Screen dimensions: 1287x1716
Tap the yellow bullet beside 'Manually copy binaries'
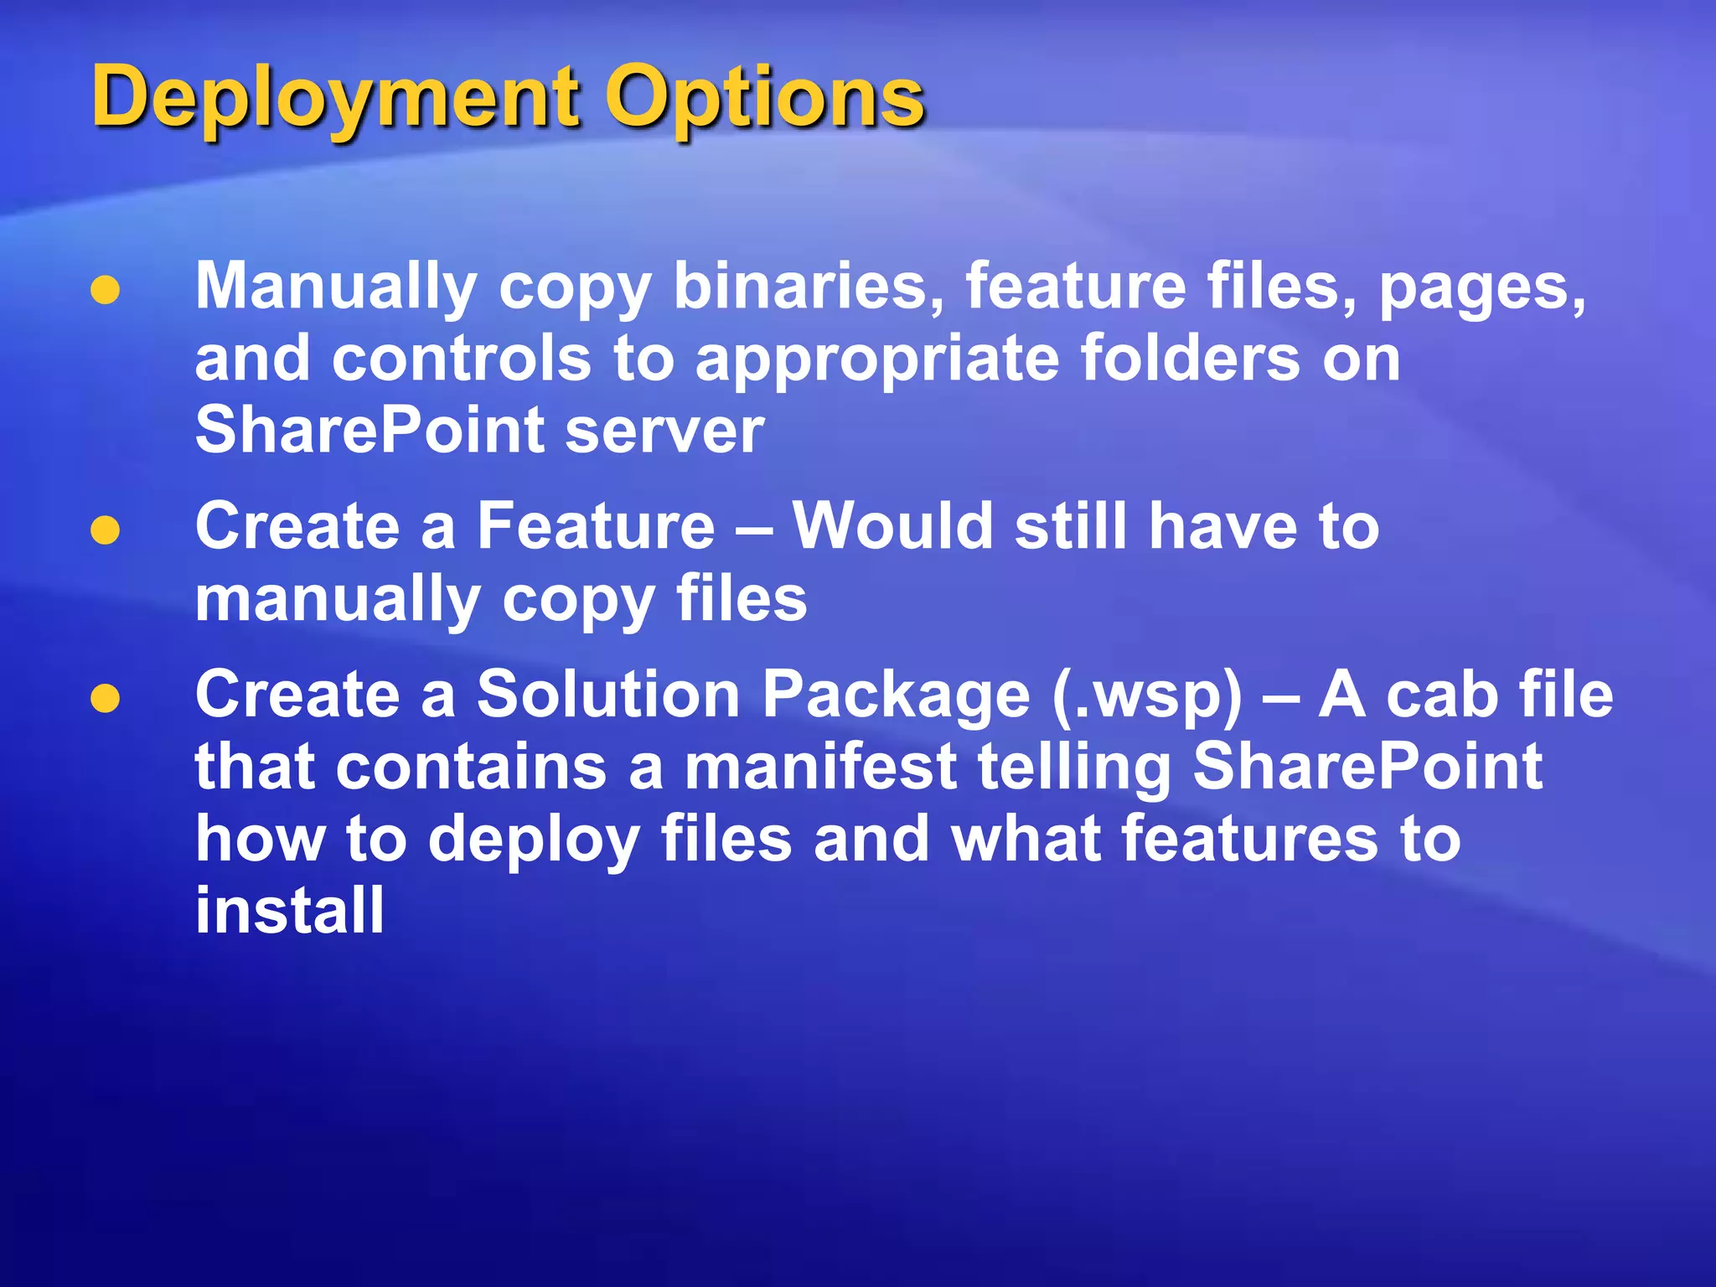pos(105,291)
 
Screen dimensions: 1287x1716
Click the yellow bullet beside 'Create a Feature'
pos(105,530)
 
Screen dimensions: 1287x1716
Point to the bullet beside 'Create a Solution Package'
pos(105,699)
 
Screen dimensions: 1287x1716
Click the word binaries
pos(809,287)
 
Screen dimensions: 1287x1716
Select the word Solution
pos(608,695)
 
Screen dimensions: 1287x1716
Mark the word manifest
pos(820,767)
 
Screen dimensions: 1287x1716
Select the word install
pos(290,911)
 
